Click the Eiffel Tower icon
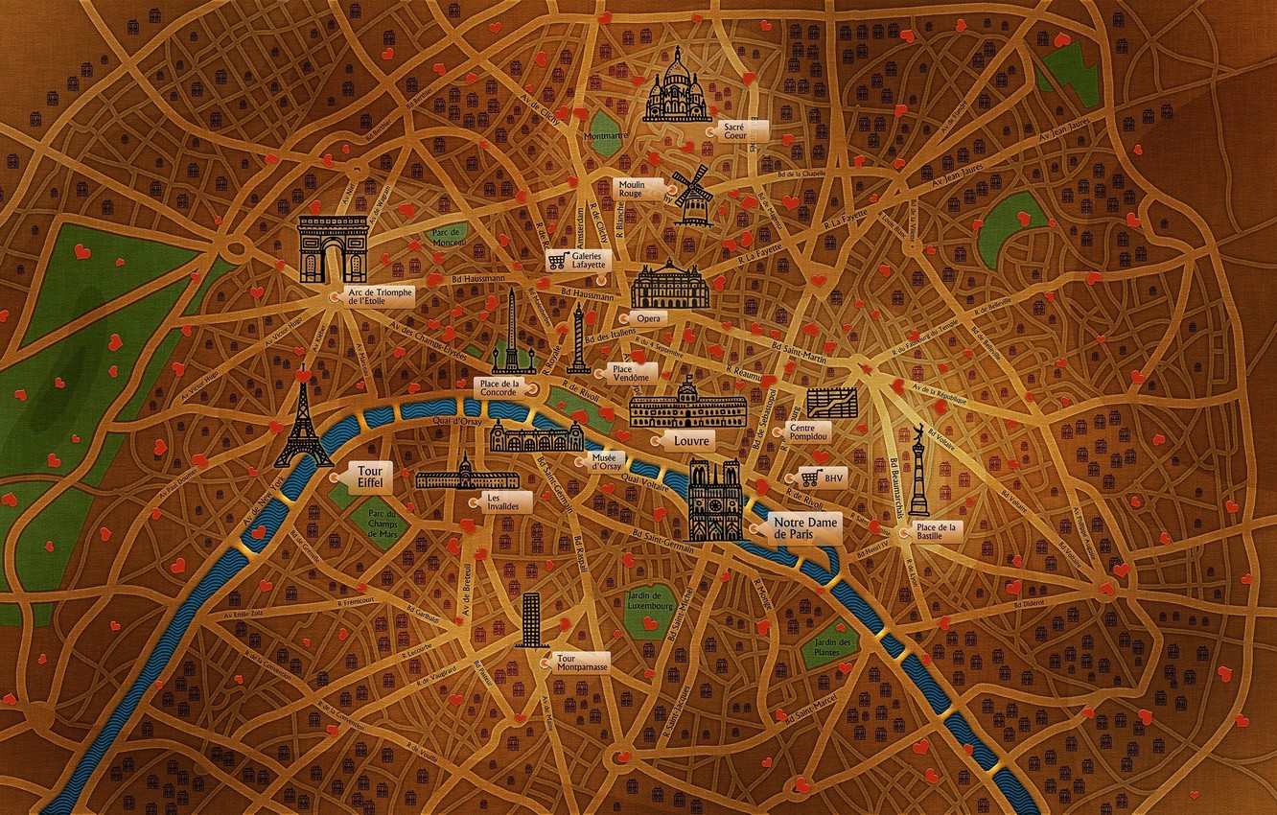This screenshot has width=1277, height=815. [x=304, y=422]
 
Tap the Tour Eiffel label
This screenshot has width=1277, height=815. [x=369, y=477]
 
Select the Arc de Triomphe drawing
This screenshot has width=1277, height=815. [x=333, y=248]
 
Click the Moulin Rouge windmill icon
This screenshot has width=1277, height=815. [x=693, y=197]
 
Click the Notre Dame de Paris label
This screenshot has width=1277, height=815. [x=806, y=527]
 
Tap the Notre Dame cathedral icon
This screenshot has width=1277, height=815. [x=715, y=501]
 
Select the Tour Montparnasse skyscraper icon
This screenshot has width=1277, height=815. [x=531, y=619]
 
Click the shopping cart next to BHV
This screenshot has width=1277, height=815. [x=810, y=477]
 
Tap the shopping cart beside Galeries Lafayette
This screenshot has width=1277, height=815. [x=556, y=260]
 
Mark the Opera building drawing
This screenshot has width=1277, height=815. [x=670, y=285]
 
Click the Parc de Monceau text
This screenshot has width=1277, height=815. [x=448, y=238]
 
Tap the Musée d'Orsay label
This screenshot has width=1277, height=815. [x=606, y=461]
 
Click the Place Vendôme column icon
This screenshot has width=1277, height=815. [x=578, y=339]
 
